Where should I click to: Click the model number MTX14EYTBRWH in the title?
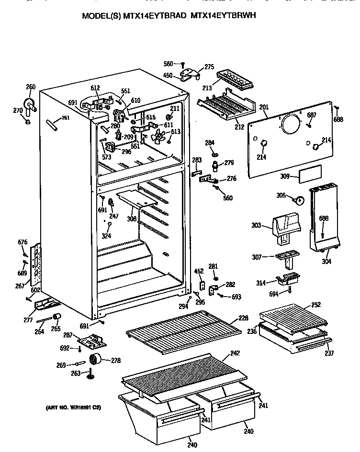223,15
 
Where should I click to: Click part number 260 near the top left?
30,87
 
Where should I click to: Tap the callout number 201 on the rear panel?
264,107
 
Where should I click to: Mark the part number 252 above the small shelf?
316,304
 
